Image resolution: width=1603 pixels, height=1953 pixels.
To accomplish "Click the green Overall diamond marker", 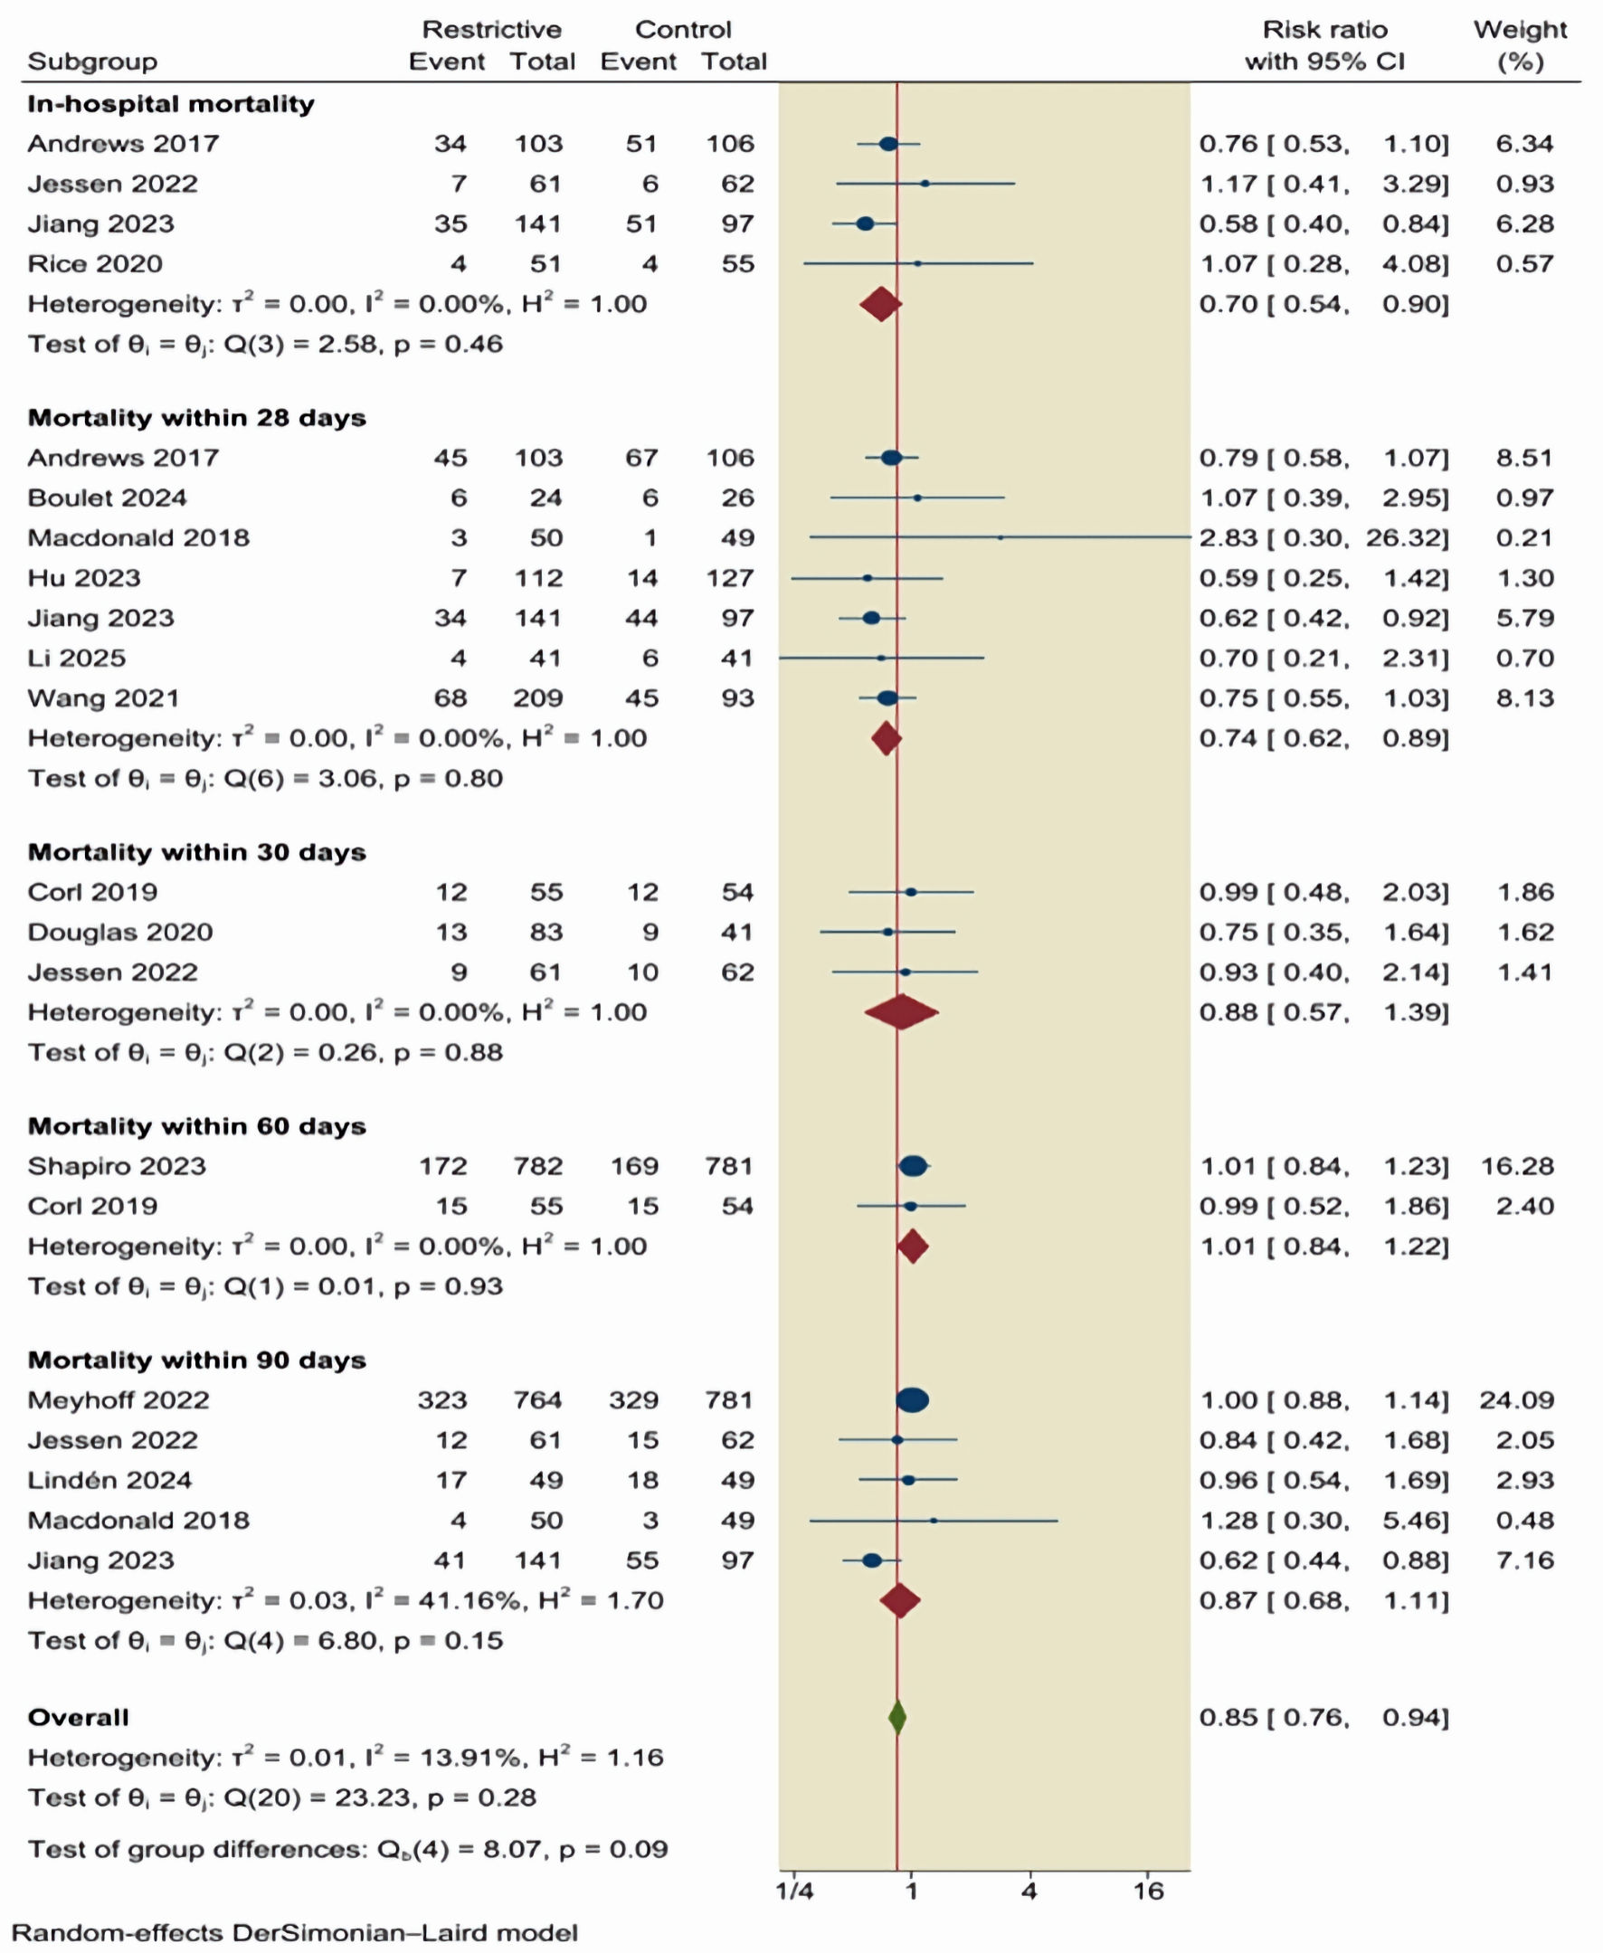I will click(x=896, y=1717).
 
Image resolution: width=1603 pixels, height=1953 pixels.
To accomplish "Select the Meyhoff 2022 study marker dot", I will click(x=912, y=1400).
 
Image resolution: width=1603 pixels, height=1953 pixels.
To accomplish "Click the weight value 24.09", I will click(x=1517, y=1400).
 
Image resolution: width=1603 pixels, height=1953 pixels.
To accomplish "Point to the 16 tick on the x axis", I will click(x=1148, y=1891).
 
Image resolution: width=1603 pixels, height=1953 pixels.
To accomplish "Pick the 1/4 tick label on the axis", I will click(x=794, y=1891).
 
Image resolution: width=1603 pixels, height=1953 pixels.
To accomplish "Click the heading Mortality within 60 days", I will click(x=196, y=1125).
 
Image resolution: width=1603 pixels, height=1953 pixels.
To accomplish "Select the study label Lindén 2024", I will click(x=109, y=1480).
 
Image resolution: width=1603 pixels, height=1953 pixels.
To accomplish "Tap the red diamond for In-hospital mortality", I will click(x=880, y=304).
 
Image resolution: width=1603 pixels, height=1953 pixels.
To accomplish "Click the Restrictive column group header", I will click(x=491, y=30).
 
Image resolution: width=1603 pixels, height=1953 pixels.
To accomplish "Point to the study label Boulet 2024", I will click(x=107, y=498).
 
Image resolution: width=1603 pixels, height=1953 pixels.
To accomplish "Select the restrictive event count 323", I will click(x=442, y=1400).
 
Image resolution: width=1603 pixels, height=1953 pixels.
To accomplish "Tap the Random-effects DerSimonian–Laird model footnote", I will click(x=295, y=1932).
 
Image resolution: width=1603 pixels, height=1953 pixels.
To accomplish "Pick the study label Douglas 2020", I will click(x=120, y=932).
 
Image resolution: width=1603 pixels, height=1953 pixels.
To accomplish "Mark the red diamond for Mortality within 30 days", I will click(x=901, y=1012).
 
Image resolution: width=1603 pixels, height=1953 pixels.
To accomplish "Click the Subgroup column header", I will click(x=92, y=61).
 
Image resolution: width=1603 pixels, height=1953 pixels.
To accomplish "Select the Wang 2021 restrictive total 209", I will click(x=538, y=698).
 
